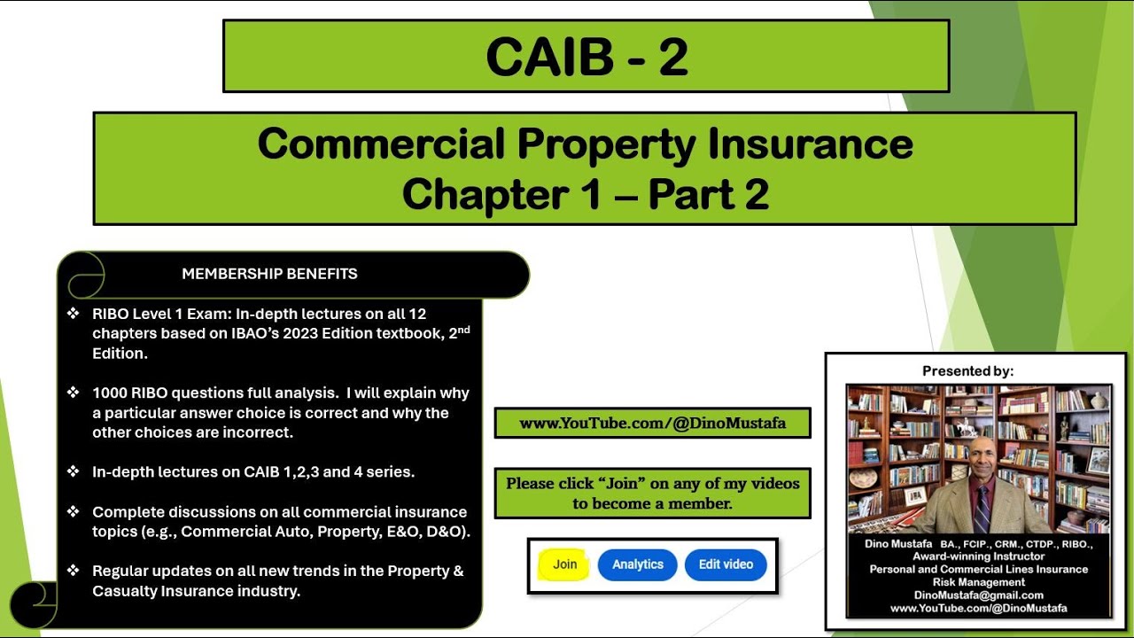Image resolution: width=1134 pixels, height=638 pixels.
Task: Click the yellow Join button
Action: click(564, 564)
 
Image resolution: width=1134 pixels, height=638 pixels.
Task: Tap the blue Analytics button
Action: click(637, 564)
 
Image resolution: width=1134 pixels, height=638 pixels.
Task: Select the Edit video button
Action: click(726, 564)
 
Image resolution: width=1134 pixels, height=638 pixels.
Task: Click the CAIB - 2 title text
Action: click(586, 57)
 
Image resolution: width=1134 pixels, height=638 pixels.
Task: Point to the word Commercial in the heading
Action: click(380, 144)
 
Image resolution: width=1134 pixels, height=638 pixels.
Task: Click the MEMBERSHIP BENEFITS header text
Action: click(269, 274)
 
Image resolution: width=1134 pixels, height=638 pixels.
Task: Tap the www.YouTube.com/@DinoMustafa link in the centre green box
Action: click(652, 424)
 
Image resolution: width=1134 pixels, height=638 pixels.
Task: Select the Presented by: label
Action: click(967, 371)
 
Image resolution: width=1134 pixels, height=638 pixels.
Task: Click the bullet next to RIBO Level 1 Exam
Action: click(74, 314)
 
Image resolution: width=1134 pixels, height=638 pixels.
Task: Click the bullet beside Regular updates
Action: click(74, 572)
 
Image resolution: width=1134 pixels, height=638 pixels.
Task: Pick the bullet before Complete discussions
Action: click(74, 512)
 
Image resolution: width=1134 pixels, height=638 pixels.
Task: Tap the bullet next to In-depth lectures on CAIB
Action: click(74, 472)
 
